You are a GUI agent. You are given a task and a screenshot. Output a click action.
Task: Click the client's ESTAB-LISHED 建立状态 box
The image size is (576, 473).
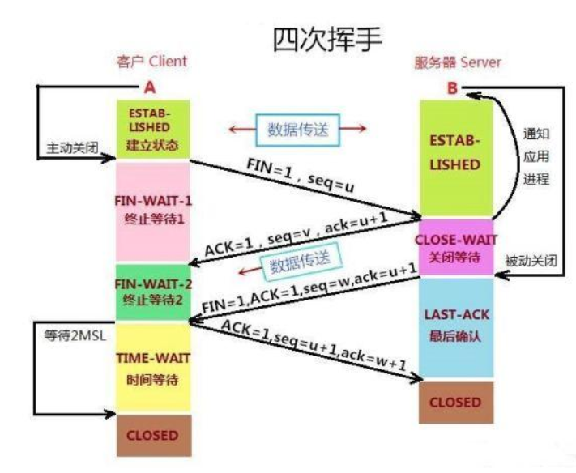153,128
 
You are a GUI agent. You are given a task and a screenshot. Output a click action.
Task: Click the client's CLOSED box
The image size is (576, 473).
153,435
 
